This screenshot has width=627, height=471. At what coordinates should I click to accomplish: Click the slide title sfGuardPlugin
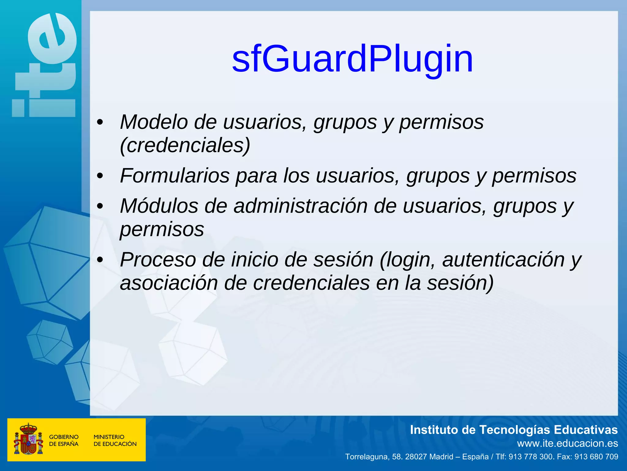[352, 59]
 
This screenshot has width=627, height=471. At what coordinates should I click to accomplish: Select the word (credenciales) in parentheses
[185, 145]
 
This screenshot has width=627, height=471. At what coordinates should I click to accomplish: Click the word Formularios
[175, 176]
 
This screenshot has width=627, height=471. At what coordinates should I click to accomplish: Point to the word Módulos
[159, 206]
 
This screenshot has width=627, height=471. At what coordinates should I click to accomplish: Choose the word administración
[300, 206]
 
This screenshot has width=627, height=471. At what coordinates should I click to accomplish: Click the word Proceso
[158, 260]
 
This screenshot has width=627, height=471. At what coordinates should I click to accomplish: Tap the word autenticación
[503, 260]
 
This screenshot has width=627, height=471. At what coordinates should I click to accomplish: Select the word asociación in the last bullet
[169, 283]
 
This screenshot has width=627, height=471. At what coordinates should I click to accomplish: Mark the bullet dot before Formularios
[100, 176]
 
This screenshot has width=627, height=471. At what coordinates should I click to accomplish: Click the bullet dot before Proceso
[100, 260]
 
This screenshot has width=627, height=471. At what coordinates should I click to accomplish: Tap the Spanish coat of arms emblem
[28, 439]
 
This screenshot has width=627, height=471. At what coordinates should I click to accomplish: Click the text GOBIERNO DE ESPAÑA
[64, 440]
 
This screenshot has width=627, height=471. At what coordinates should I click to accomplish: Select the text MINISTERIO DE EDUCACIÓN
[115, 440]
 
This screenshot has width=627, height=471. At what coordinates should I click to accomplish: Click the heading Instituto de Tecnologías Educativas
[514, 430]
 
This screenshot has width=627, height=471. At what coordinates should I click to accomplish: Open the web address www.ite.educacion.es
[567, 443]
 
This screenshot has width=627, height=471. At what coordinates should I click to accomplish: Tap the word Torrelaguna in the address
[366, 457]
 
